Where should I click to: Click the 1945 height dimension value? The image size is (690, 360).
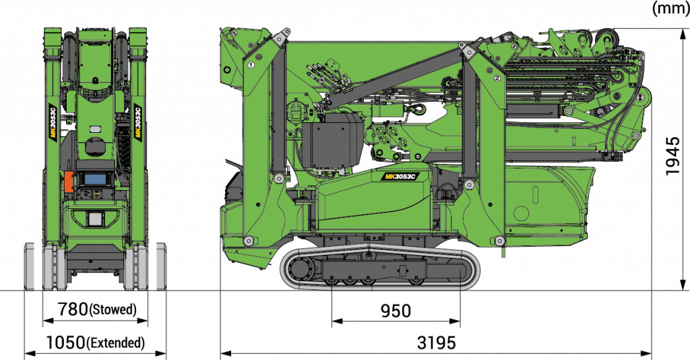672,156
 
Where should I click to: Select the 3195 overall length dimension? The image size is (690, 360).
436,342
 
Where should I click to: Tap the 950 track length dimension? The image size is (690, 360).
396,311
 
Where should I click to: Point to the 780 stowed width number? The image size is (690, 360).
73,309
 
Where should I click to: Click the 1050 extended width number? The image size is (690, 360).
66,342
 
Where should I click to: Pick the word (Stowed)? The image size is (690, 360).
113,310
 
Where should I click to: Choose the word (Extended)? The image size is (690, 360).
116,342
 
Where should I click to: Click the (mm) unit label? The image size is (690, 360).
670,8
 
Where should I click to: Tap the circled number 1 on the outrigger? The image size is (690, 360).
251,65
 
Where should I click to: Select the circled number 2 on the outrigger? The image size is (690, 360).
497,78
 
